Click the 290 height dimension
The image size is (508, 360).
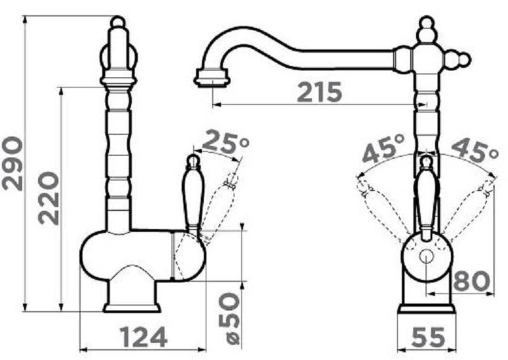pos(12,164)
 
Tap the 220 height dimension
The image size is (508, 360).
pos(49,198)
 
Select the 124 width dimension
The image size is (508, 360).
pos(144,337)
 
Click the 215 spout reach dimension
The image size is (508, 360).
pos(319,91)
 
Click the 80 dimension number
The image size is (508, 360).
pos(471,281)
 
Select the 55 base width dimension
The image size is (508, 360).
pos(428,337)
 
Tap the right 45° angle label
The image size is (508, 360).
pos(474,150)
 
